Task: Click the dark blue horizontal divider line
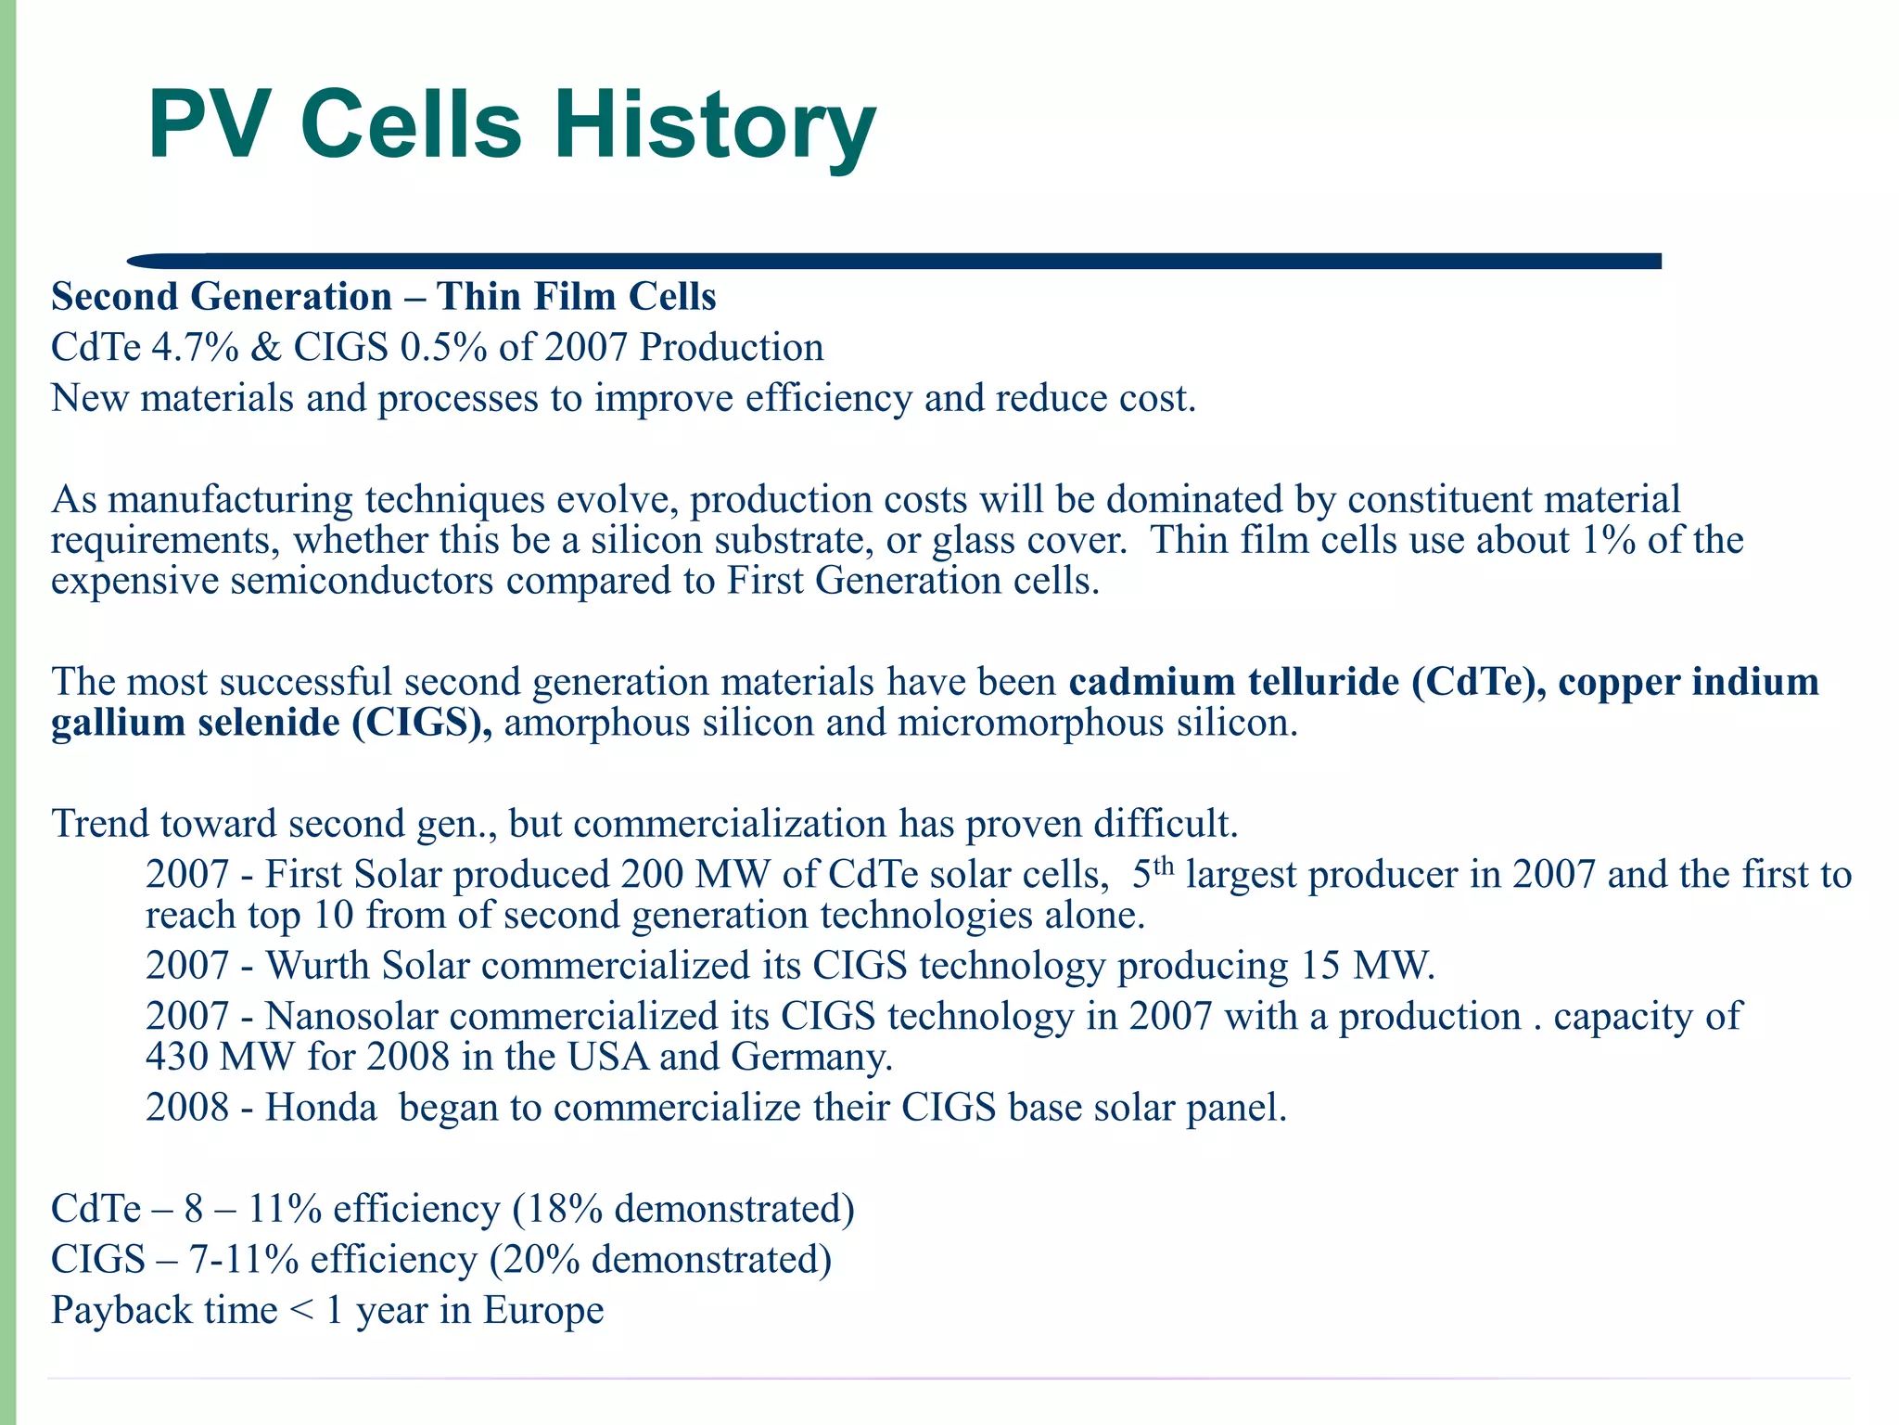890,261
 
